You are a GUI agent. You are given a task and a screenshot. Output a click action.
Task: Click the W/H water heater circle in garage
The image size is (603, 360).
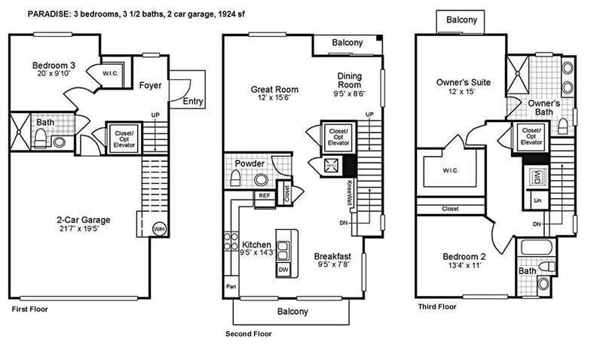pos(158,228)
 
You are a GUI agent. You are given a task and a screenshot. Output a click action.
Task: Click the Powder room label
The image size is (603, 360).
pos(249,163)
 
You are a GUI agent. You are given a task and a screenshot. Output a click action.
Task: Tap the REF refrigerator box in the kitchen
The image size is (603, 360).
pos(264,195)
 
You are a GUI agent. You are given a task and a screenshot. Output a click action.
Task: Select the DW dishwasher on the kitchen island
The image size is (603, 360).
pos(283,269)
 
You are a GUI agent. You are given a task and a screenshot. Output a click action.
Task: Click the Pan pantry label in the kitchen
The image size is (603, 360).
pos(231,287)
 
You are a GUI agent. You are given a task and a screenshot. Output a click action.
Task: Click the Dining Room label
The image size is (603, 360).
pos(350,81)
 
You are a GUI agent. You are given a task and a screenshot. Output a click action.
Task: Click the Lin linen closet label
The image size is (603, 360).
pos(537,201)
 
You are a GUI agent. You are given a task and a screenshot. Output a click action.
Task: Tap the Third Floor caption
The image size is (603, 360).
pos(437,307)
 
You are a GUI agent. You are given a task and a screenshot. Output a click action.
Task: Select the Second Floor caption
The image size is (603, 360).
pos(249,334)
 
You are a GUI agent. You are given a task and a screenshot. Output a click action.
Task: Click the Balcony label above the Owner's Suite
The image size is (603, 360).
pos(461,20)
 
